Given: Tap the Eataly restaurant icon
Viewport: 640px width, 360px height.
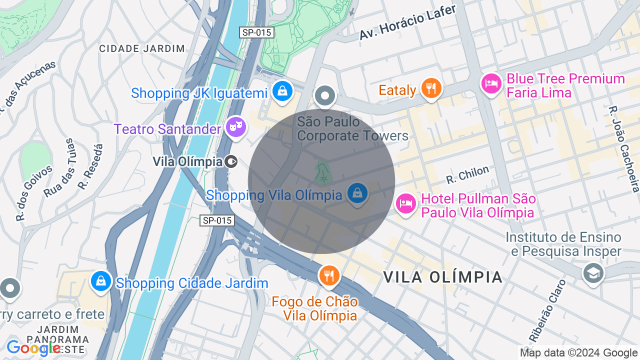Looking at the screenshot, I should (x=430, y=88).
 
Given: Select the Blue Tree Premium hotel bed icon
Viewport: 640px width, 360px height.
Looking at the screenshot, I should (x=491, y=83).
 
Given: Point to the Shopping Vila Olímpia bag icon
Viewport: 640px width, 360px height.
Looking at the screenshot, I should (x=357, y=193).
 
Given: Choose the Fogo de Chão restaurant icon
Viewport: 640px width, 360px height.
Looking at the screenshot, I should (x=329, y=275).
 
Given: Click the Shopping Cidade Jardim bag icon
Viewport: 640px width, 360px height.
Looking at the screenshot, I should (x=101, y=280).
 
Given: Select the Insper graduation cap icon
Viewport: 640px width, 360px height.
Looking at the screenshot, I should (x=593, y=273).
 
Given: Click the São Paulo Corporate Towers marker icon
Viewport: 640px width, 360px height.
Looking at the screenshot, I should (x=325, y=95).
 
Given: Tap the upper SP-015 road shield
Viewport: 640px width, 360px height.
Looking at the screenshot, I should (x=257, y=32).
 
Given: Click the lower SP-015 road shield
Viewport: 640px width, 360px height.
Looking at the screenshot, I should (x=217, y=220).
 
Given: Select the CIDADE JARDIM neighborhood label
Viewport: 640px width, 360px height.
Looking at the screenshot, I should (x=142, y=48).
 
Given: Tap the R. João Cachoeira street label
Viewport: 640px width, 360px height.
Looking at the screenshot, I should (x=624, y=149).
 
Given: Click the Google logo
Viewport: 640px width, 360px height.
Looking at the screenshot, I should (x=33, y=348).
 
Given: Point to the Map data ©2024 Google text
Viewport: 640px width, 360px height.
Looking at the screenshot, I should (x=578, y=353).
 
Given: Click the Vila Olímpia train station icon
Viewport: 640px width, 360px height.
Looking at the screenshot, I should (x=231, y=161).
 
